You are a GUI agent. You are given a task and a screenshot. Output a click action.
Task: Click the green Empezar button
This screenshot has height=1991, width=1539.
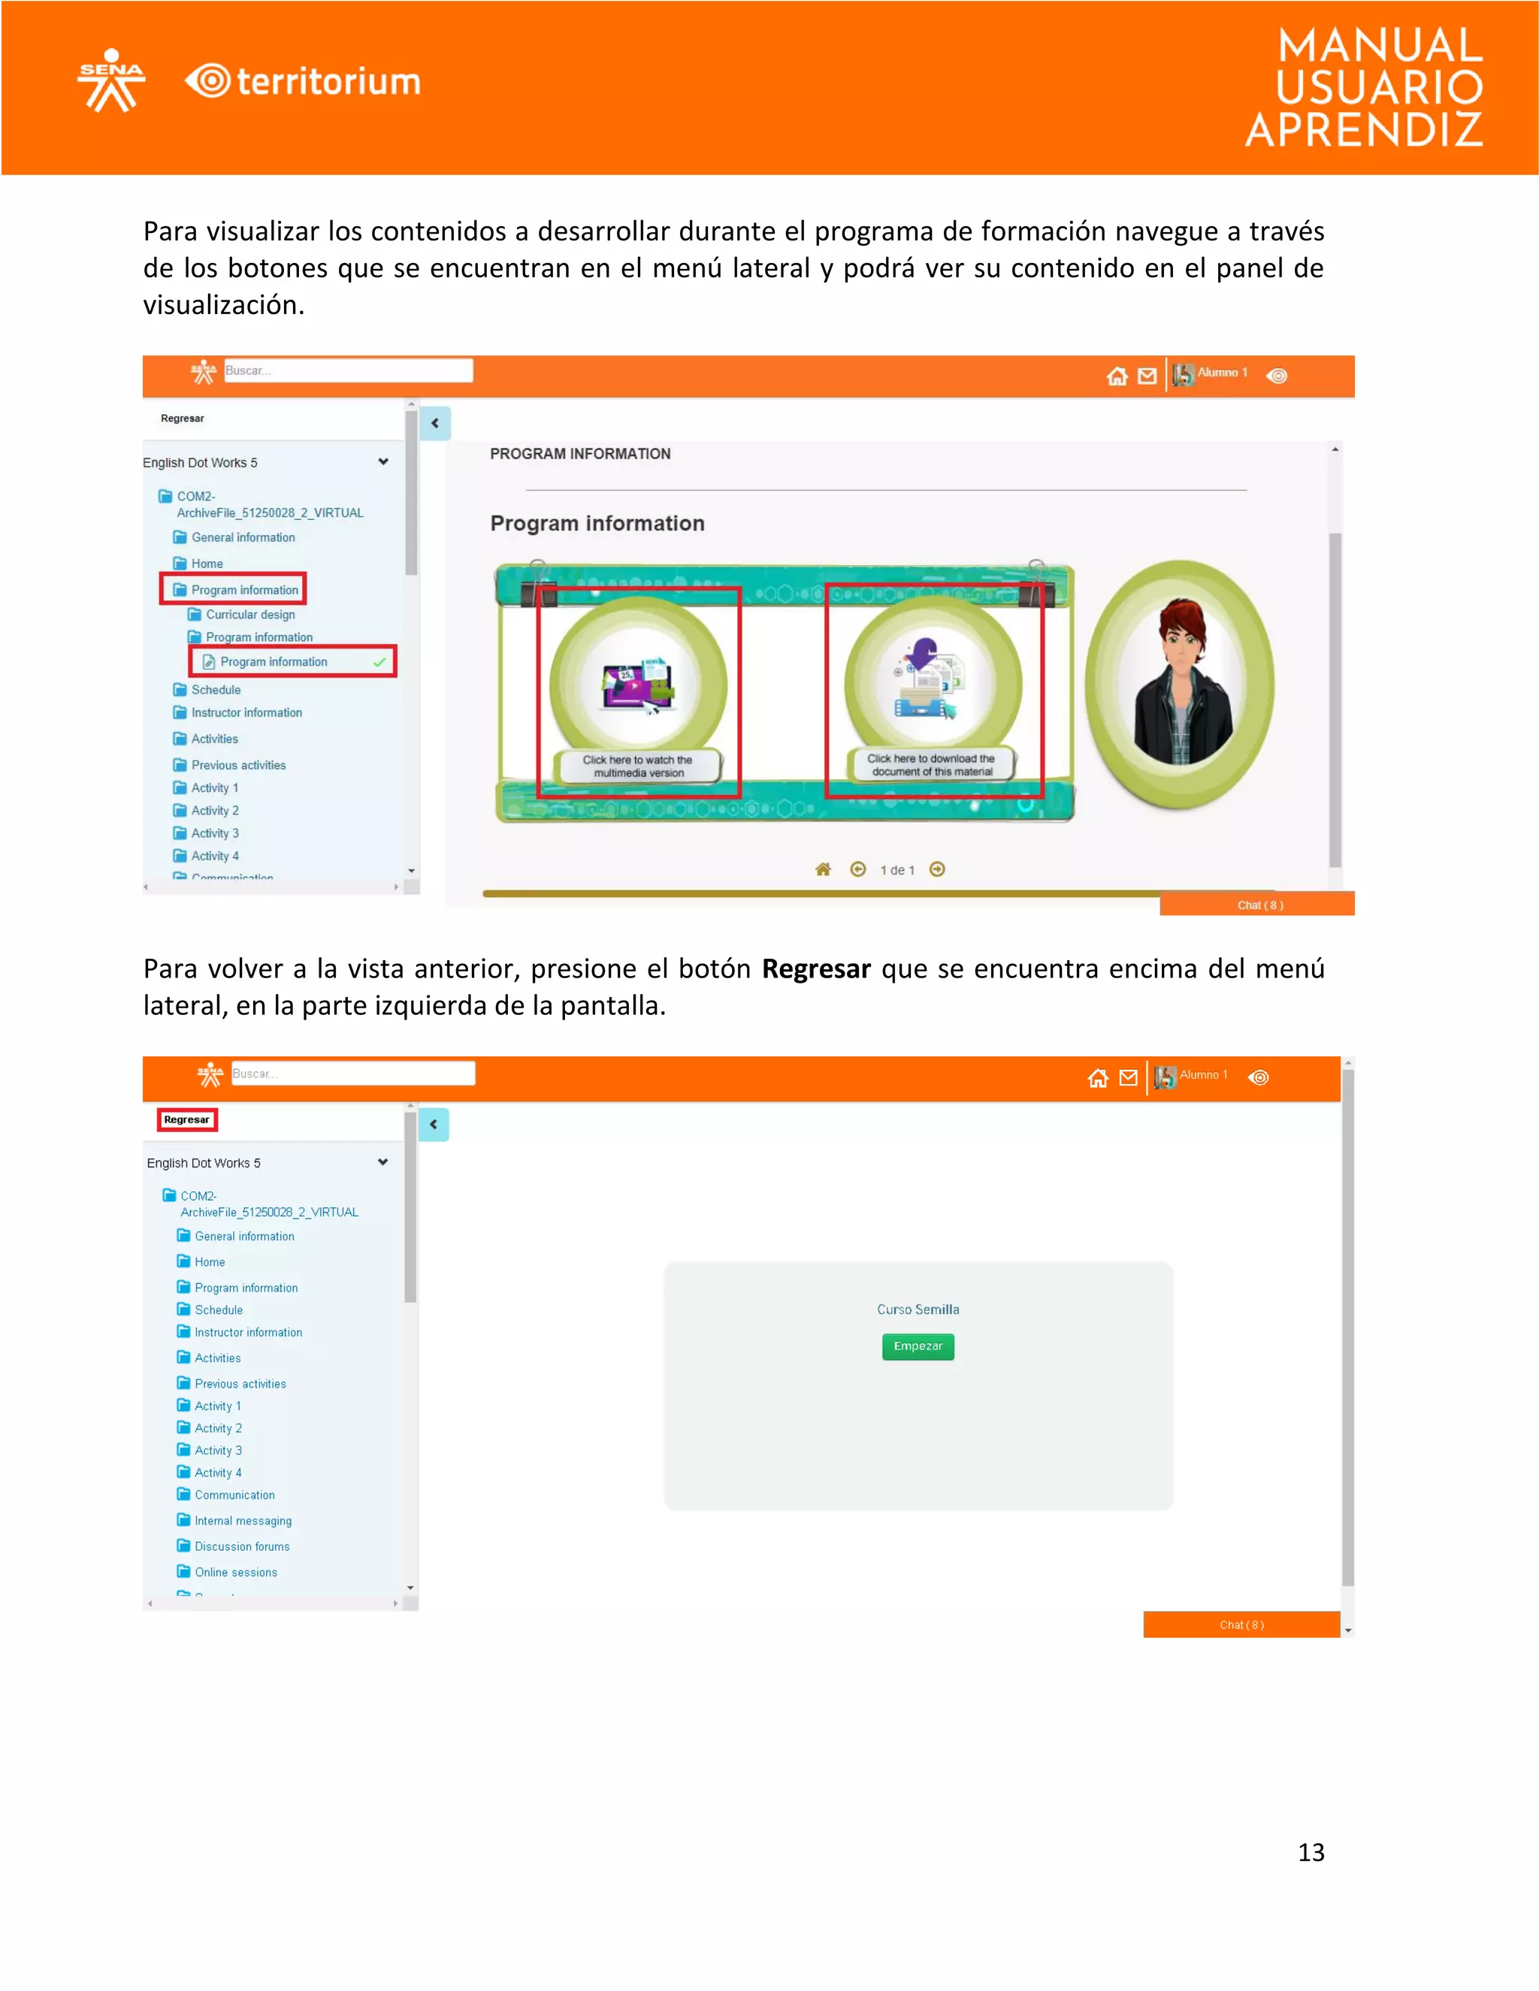[x=918, y=1346]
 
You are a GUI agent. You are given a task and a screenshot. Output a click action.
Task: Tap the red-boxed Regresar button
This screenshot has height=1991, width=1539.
[x=187, y=1119]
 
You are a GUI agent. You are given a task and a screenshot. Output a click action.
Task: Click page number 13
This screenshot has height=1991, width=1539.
[x=1310, y=1851]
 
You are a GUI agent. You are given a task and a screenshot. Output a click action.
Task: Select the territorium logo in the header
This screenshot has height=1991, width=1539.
[x=304, y=81]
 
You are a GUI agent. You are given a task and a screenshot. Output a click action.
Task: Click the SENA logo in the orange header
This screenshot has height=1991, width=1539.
[x=111, y=80]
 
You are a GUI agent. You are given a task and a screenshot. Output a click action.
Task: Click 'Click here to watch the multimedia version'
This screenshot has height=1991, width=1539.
[x=638, y=766]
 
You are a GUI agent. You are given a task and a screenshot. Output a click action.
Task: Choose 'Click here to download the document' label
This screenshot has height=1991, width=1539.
[x=931, y=765]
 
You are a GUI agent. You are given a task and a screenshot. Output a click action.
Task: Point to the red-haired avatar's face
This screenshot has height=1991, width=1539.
[x=1183, y=638]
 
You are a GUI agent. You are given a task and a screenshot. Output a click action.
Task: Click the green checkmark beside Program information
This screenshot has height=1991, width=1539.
[x=379, y=662]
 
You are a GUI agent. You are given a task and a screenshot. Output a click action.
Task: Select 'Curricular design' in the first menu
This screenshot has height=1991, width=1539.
[x=249, y=615]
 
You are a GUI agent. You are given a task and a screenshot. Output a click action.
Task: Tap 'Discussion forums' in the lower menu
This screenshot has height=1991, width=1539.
[x=242, y=1546]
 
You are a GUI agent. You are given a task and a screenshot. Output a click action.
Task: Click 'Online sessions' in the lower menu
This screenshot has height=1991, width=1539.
[x=235, y=1572]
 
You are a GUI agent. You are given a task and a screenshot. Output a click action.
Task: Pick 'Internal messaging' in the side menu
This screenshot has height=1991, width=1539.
[x=243, y=1521]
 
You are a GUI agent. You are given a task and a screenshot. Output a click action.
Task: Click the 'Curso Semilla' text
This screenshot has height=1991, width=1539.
[x=918, y=1309]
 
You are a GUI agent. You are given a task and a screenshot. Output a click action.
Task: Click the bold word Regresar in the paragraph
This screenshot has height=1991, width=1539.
[x=816, y=968]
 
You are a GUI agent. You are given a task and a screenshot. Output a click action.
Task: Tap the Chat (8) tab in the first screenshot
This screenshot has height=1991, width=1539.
[x=1259, y=905]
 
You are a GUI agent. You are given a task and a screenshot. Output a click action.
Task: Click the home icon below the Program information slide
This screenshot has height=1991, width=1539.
[x=822, y=870]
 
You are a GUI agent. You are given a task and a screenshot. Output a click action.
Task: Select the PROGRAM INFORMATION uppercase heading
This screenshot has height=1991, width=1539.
[x=580, y=454]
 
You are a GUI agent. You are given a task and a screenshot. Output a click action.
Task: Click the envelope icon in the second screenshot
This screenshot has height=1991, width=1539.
[x=1128, y=1077]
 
